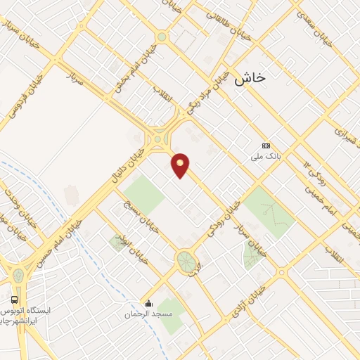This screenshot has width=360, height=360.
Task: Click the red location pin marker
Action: pyautogui.click(x=181, y=164)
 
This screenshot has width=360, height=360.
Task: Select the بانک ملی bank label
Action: pyautogui.click(x=265, y=157)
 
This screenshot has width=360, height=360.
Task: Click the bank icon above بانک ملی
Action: pyautogui.click(x=265, y=146)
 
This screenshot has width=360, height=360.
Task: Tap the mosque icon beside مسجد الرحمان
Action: pyautogui.click(x=149, y=304)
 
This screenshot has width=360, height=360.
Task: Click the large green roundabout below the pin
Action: pyautogui.click(x=186, y=261)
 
